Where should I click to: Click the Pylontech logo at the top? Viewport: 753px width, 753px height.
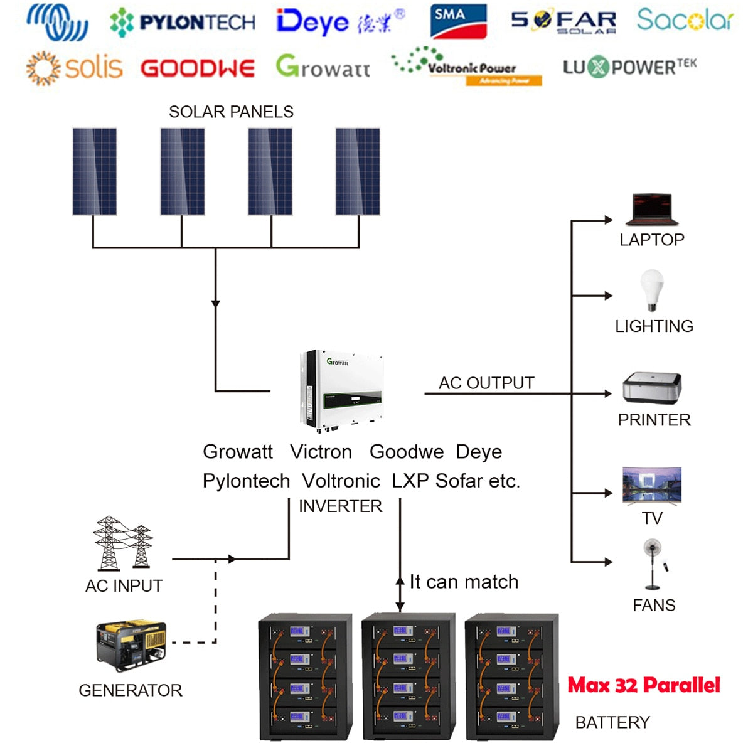pyautogui.click(x=183, y=23)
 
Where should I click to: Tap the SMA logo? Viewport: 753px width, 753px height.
pyautogui.click(x=458, y=21)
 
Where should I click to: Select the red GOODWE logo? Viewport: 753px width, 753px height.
pyautogui.click(x=198, y=68)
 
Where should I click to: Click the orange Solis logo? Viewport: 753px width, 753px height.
pyautogui.click(x=74, y=68)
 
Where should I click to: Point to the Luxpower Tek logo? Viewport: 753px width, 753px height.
pyautogui.click(x=629, y=67)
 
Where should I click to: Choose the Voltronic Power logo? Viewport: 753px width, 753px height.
pyautogui.click(x=467, y=67)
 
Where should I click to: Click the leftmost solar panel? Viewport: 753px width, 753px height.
pyautogui.click(x=94, y=171)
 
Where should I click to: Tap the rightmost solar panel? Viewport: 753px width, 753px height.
pyautogui.click(x=358, y=171)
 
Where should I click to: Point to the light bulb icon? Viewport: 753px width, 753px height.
pyautogui.click(x=652, y=289)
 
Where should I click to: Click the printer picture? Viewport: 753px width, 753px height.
pyautogui.click(x=652, y=388)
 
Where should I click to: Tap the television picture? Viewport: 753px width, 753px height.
pyautogui.click(x=652, y=486)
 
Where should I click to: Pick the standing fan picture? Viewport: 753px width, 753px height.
pyautogui.click(x=653, y=563)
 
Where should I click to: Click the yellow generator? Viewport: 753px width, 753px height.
pyautogui.click(x=131, y=645)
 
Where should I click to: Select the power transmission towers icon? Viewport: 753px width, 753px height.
pyautogui.click(x=123, y=543)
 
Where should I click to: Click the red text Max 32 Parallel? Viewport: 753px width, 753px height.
pyautogui.click(x=644, y=685)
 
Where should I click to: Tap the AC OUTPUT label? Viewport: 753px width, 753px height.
pyautogui.click(x=486, y=383)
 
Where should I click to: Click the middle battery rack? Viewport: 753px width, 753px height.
pyautogui.click(x=409, y=676)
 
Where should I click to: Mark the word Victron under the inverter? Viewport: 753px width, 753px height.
pyautogui.click(x=321, y=452)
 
